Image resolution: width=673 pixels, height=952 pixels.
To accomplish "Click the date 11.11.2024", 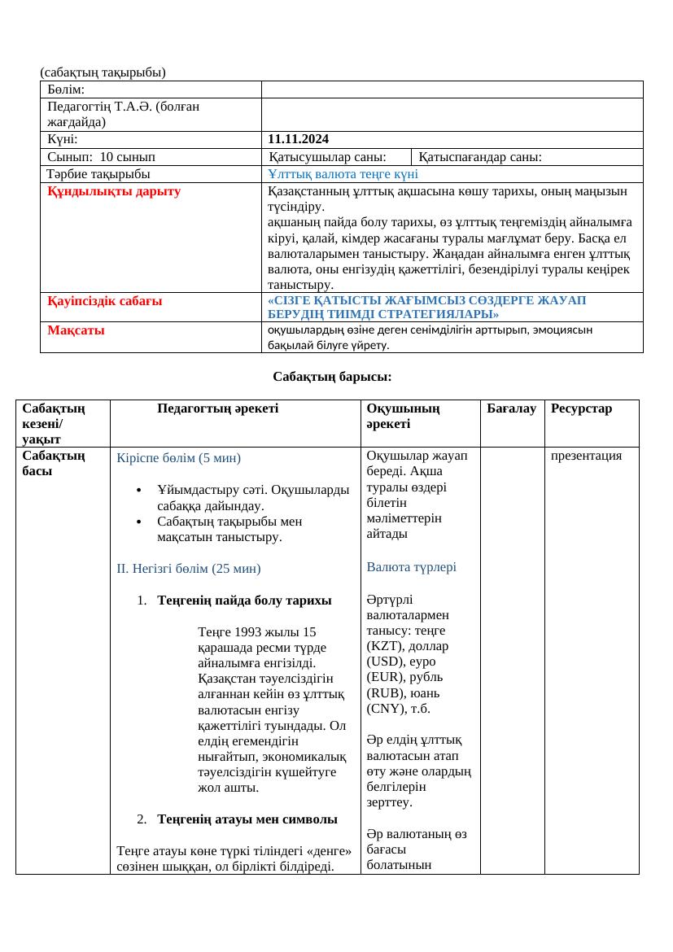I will tap(298, 140).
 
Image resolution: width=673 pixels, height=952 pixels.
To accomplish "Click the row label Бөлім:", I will tap(67, 90).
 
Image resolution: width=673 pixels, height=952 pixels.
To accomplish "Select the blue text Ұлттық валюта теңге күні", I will tap(343, 173).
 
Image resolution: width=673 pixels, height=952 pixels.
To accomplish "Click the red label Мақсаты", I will tap(76, 330).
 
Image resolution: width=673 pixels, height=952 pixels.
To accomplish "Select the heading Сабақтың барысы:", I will tap(332, 377).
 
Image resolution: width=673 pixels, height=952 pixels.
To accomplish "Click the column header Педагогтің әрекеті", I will tap(218, 408).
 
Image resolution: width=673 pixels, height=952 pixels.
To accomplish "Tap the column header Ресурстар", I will tap(581, 408).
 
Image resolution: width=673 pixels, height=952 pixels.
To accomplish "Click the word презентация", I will tap(586, 456).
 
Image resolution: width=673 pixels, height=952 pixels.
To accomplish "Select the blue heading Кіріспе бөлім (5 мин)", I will tap(179, 457).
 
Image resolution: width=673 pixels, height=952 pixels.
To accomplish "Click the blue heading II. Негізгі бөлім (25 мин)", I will tap(189, 568).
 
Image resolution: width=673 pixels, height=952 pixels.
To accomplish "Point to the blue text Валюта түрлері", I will tap(411, 567).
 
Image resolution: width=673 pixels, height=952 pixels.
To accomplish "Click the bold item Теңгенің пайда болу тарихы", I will tap(244, 600).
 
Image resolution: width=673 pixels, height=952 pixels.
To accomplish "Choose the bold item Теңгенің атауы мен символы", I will tap(247, 819).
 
